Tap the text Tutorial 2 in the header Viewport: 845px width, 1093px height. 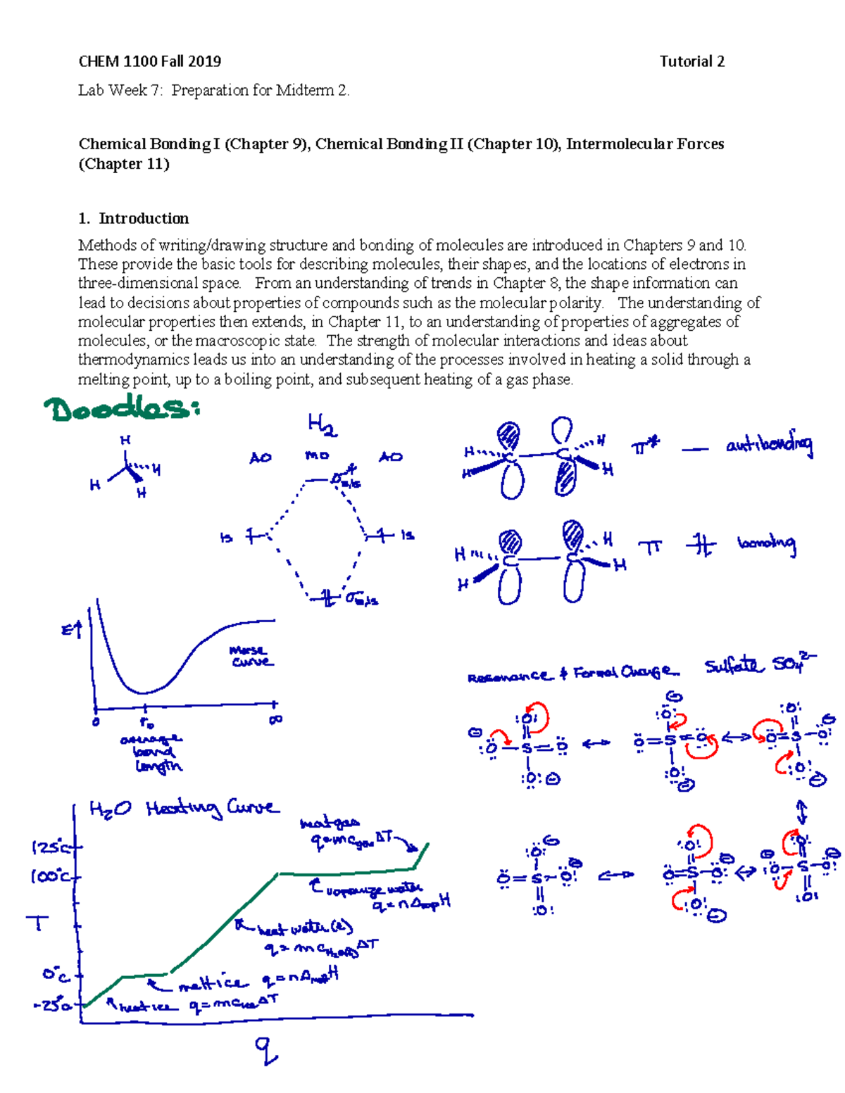[691, 62]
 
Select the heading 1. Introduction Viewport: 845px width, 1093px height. [134, 218]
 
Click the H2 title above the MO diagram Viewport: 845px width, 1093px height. [322, 426]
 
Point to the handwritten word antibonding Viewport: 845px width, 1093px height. [769, 446]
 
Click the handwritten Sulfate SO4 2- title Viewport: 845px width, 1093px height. [759, 664]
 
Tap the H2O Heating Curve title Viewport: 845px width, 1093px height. [183, 809]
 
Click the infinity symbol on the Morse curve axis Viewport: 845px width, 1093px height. [275, 719]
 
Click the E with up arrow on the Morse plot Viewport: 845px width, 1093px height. [72, 630]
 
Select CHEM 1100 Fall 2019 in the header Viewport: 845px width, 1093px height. [150, 62]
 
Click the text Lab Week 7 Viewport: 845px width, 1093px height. [113, 90]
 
